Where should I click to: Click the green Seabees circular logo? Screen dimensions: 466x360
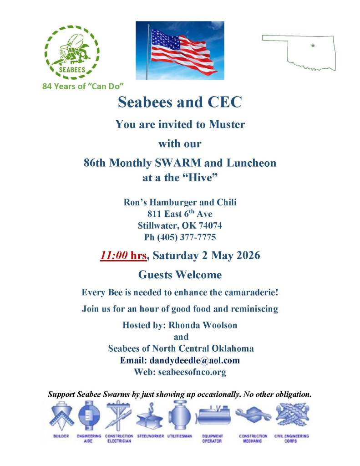71,51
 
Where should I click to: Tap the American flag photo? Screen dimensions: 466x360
180,50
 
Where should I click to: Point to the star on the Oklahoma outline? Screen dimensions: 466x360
313,45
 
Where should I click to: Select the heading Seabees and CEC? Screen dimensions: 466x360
180,102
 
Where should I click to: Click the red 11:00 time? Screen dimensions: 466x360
113,256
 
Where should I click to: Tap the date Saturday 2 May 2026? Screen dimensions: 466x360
206,256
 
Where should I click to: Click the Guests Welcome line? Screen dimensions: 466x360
180,275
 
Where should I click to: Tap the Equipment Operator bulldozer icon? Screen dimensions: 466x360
213,416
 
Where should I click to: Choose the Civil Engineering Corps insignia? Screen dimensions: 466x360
292,415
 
